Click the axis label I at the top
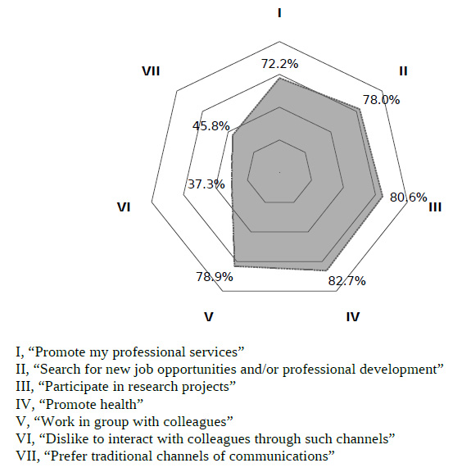pyautogui.click(x=279, y=13)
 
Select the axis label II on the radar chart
pyautogui.click(x=403, y=71)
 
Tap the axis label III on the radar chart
pyautogui.click(x=435, y=207)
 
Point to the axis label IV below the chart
pyautogui.click(x=353, y=316)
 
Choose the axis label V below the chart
pyautogui.click(x=209, y=316)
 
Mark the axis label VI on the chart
pyautogui.click(x=124, y=207)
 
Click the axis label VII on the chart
pyautogui.click(x=151, y=71)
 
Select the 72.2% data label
pyautogui.click(x=279, y=64)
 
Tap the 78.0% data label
pyautogui.click(x=382, y=100)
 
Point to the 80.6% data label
pyautogui.click(x=409, y=197)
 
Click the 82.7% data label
pyautogui.click(x=347, y=281)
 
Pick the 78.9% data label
pyautogui.click(x=215, y=277)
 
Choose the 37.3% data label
pyautogui.click(x=206, y=184)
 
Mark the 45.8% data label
pyautogui.click(x=211, y=126)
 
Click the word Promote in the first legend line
pyautogui.click(x=60, y=352)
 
